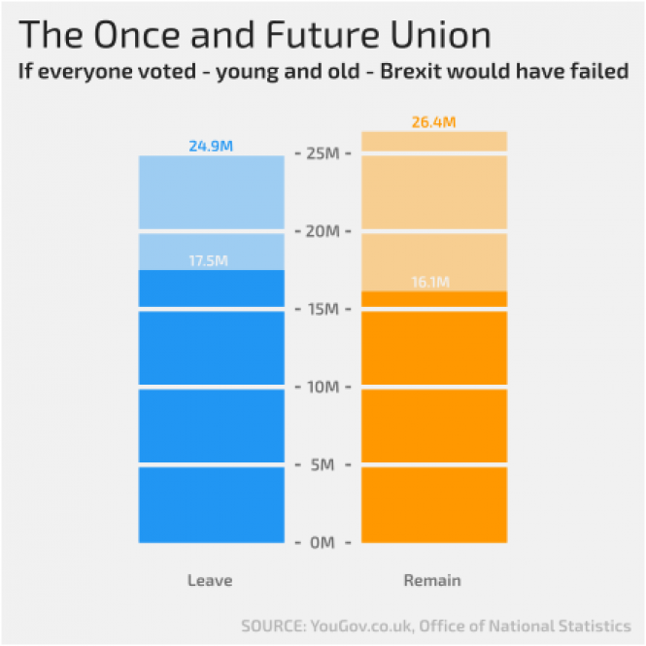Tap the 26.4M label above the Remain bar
tap(434, 123)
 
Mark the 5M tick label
tap(323, 465)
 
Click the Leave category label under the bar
tap(210, 581)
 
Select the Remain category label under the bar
tap(432, 581)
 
